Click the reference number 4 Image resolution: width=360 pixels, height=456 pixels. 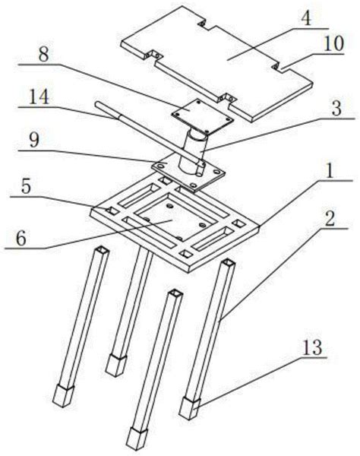306,18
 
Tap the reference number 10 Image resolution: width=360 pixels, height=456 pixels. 334,44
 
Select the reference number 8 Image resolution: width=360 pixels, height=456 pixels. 43,54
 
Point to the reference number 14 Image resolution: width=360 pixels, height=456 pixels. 39,97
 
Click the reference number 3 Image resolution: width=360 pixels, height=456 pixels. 336,108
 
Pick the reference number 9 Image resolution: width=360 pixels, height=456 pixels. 34,140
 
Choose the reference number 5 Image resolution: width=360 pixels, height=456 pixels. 26,186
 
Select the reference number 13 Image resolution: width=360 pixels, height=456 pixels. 312,347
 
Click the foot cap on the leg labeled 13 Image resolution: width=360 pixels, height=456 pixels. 189,409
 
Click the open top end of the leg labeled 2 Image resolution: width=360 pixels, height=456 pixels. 228,264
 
